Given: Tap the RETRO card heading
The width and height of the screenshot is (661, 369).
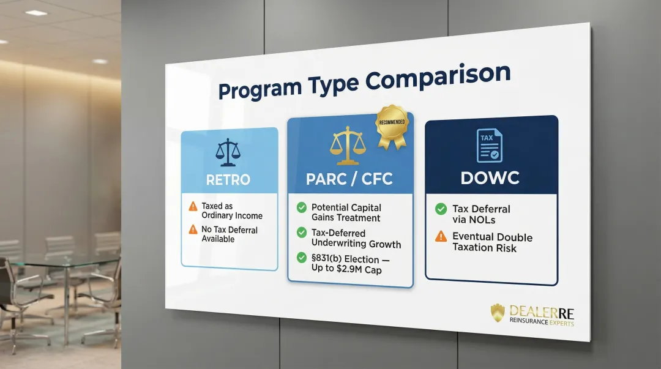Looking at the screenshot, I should tap(228, 180).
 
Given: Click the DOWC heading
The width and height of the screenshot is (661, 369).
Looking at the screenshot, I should tap(490, 178).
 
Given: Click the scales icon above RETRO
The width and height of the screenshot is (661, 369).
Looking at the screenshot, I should tap(228, 152).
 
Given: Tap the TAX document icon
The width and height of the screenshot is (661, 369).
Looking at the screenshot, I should tap(490, 145).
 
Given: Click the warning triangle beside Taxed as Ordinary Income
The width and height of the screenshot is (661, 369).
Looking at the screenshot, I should tap(193, 207).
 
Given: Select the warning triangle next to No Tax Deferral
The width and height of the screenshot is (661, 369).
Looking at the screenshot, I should tap(193, 230).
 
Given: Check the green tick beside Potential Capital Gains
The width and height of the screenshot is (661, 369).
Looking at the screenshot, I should tap(301, 207).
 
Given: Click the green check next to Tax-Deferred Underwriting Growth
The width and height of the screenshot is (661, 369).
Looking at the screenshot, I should tap(301, 233).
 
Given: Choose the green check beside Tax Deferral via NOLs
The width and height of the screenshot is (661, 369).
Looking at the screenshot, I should tap(441, 209).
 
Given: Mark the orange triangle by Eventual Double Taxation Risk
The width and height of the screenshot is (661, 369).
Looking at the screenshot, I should tap(441, 236).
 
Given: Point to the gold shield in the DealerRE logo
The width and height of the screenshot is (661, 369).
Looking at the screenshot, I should tap(498, 313).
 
